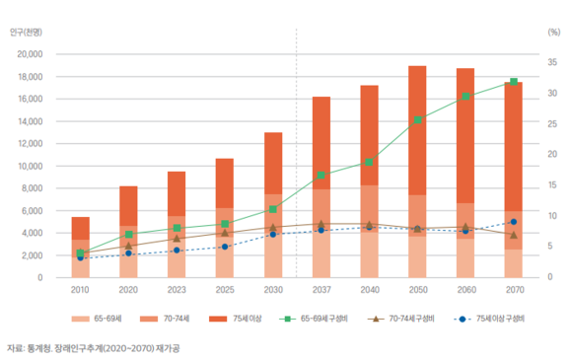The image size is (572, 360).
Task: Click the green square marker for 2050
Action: click(418, 120)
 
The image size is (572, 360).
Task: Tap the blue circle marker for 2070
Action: click(514, 222)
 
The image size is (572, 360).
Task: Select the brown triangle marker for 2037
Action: click(322, 224)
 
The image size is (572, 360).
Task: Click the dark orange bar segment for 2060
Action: click(465, 136)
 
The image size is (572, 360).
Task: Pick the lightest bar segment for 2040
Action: click(369, 254)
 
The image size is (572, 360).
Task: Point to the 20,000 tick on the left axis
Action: click(30, 54)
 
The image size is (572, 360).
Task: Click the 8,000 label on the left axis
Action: click(32, 188)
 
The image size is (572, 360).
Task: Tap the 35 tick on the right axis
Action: click(552, 62)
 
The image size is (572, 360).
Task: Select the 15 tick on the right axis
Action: click(552, 184)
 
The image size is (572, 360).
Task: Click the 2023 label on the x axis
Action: click(177, 290)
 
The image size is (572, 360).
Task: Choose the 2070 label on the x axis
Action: click(515, 290)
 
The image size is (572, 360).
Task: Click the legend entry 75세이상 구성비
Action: click(489, 319)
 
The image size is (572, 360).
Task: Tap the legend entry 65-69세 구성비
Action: click(314, 319)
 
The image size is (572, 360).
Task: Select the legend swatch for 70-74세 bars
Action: click(149, 319)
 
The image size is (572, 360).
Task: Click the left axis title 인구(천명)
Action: click(26, 33)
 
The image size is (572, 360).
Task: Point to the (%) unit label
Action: click(554, 33)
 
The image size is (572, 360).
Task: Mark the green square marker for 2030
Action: click(273, 209)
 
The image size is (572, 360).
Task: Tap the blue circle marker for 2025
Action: click(225, 247)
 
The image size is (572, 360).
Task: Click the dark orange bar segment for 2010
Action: click(81, 228)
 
